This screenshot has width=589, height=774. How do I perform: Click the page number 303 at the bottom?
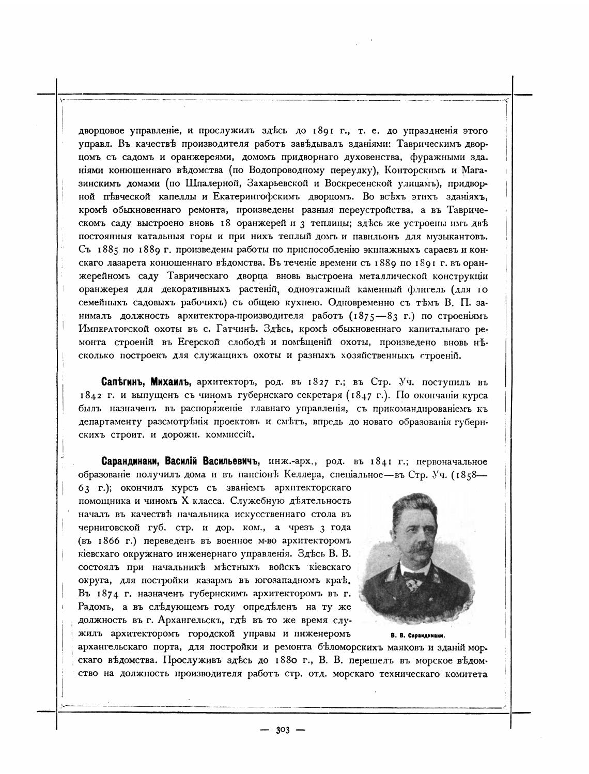coord(282,730)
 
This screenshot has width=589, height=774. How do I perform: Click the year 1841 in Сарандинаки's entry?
coord(376,461)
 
